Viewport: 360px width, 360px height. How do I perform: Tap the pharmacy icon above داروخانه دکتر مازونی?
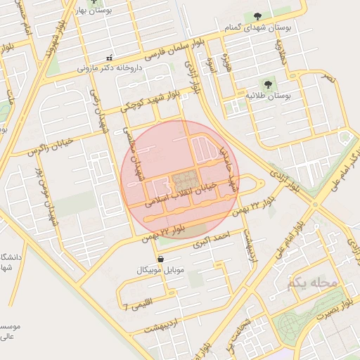(108, 57)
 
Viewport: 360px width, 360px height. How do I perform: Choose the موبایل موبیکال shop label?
(161, 270)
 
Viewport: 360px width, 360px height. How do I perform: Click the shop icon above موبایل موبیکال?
(161, 259)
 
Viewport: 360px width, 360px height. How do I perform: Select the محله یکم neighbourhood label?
(312, 283)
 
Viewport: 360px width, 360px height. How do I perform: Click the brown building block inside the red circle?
(185, 179)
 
